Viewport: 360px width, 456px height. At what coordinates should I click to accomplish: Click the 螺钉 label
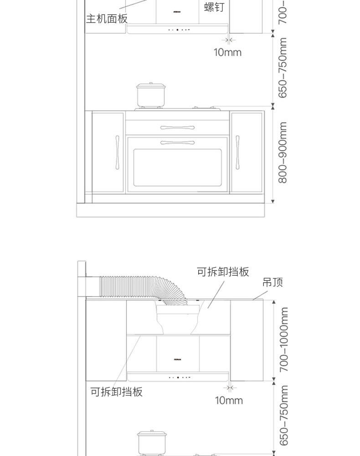point(214,7)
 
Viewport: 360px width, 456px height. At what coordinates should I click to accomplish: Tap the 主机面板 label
point(107,19)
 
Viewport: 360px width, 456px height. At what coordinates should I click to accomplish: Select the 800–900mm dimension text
point(283,152)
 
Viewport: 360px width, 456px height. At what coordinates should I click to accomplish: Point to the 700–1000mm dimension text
point(284,339)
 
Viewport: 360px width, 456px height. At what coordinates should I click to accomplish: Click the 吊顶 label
point(273,282)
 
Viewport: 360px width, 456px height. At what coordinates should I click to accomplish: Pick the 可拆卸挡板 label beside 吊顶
point(223,272)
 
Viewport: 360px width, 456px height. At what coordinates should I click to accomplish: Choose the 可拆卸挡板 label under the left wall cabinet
point(116,392)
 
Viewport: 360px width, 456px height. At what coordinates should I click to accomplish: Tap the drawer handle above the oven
point(177,127)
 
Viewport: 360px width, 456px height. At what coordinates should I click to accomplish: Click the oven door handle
point(177,143)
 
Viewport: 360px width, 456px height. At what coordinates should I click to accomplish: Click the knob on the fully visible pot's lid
point(150,83)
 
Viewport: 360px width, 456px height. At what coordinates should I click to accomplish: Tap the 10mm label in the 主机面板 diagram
point(228,52)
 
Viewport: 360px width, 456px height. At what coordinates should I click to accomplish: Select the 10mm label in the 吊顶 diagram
point(229,400)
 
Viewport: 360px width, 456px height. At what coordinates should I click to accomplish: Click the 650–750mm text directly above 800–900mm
point(283,68)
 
